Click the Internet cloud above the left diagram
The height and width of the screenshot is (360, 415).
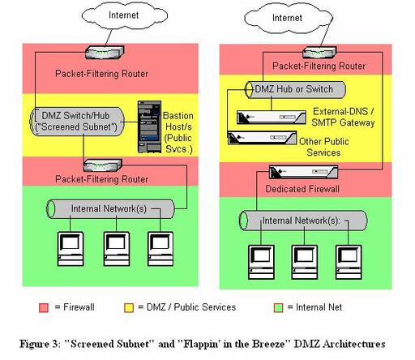(x=124, y=15)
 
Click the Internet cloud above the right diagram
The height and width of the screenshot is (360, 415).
(x=289, y=19)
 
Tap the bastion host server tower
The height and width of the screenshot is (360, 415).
(x=149, y=127)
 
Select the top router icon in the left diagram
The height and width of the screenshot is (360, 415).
(x=105, y=53)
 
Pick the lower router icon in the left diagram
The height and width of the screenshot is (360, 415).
(x=103, y=165)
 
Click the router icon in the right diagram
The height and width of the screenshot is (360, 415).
(x=319, y=53)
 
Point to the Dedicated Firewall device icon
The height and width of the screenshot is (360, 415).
(x=303, y=173)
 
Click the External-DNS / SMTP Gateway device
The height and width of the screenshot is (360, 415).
(x=272, y=118)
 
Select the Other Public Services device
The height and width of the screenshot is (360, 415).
(x=262, y=138)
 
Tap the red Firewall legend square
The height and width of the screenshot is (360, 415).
(x=44, y=307)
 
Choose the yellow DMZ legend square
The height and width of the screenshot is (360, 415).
(x=129, y=307)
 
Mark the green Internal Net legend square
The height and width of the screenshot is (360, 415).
(x=278, y=307)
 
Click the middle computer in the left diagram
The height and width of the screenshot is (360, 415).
(x=117, y=249)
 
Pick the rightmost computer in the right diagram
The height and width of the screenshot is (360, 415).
(x=349, y=262)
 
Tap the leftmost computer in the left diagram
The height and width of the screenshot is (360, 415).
(x=71, y=249)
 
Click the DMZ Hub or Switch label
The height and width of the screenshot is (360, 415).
(x=294, y=89)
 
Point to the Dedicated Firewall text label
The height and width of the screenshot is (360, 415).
(x=302, y=189)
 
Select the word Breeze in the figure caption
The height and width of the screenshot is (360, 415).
(x=268, y=344)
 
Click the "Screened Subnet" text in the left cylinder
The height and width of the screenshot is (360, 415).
(x=76, y=126)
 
